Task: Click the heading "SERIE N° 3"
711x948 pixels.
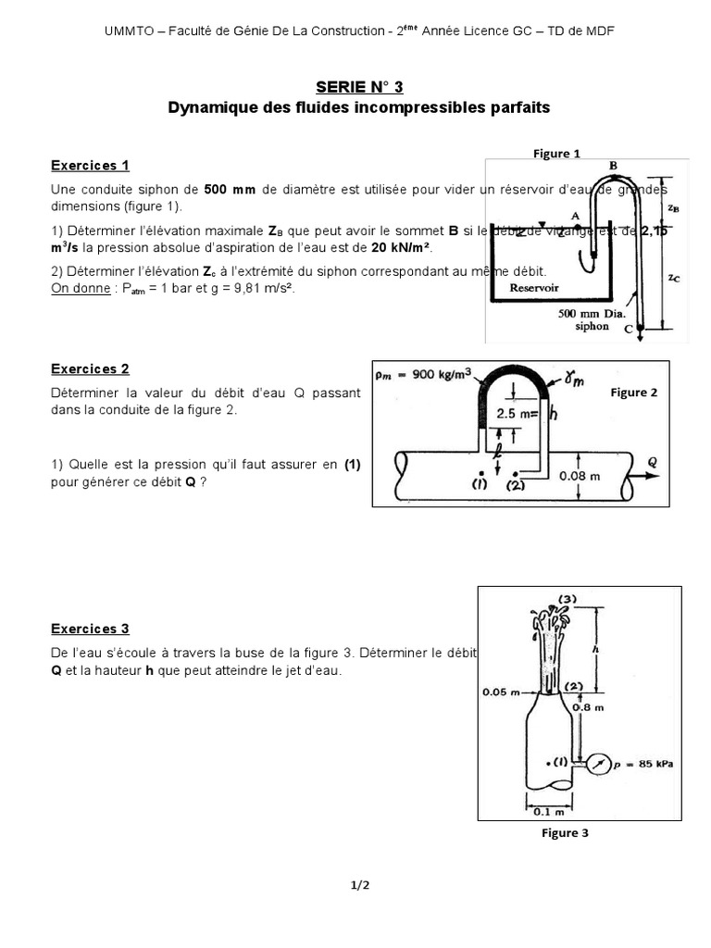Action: tap(358, 86)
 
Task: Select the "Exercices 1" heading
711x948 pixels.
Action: tap(90, 166)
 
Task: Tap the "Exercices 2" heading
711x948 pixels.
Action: tap(90, 368)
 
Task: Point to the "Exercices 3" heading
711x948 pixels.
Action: tap(90, 629)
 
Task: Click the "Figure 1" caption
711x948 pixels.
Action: tap(556, 154)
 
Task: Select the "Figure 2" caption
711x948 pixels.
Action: tap(634, 393)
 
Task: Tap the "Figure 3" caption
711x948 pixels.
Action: tap(565, 833)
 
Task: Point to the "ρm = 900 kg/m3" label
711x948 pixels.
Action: tap(424, 375)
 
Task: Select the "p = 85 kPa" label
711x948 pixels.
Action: tap(647, 764)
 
